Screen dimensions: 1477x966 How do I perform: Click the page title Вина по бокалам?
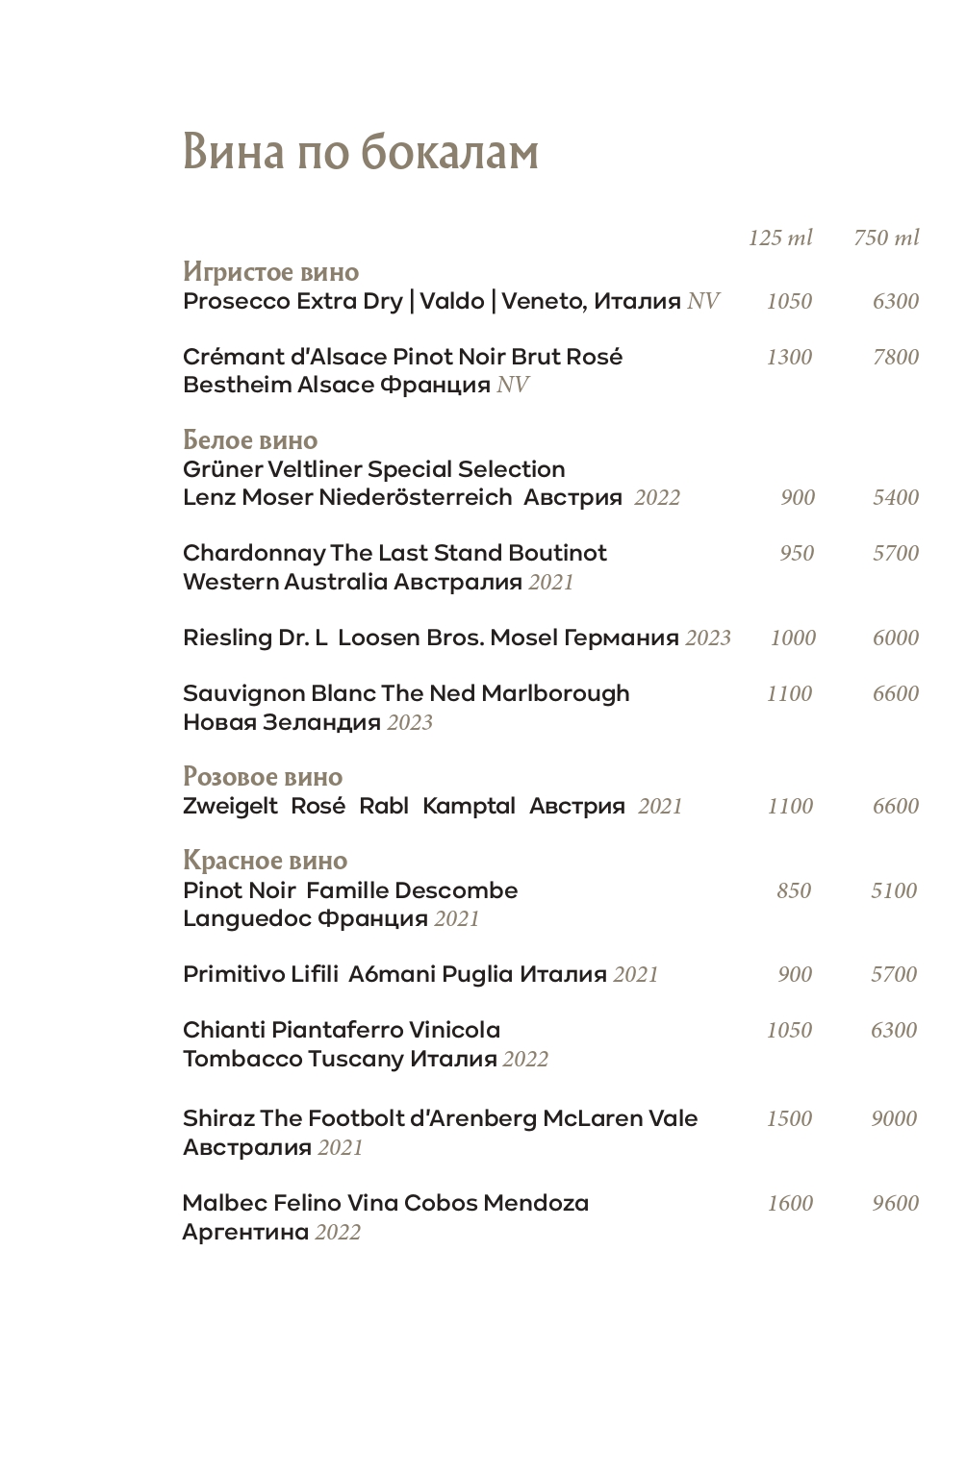pos(361,152)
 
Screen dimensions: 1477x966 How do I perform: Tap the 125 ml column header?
pos(780,238)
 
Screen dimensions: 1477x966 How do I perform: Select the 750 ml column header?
pos(886,238)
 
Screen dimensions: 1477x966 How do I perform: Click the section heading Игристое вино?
pos(270,272)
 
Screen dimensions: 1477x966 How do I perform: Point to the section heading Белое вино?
pos(250,440)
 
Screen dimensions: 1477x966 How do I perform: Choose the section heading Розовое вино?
pos(263,777)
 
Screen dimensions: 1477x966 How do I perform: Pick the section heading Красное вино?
pos(265,861)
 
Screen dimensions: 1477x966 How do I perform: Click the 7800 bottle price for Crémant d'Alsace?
pos(896,358)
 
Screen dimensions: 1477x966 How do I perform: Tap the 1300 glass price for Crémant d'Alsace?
pos(789,358)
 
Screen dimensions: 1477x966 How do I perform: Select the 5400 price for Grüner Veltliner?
pos(896,498)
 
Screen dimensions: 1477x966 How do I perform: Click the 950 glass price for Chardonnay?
pos(797,554)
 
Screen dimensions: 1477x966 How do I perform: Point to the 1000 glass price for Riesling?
pos(793,638)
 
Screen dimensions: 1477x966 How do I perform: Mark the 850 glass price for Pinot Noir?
pos(794,891)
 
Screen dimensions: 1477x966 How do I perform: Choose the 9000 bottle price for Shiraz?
pos(894,1119)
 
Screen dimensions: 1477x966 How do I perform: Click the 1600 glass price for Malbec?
pos(790,1204)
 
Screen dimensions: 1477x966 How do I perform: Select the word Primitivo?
pos(234,975)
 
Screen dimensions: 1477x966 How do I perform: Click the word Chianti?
pos(224,1031)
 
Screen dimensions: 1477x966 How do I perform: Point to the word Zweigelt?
pos(230,807)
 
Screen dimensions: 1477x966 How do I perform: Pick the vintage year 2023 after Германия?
pos(708,638)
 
